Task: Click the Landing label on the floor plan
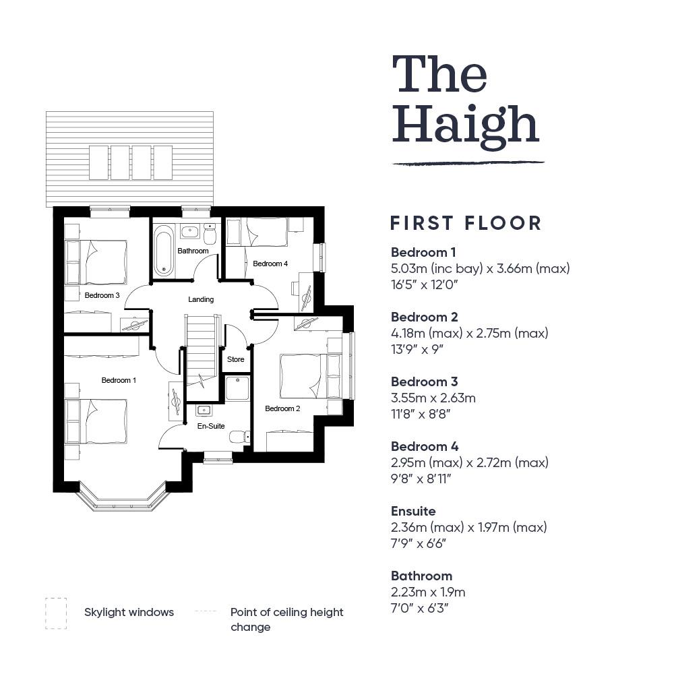(201, 299)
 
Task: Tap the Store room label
(235, 359)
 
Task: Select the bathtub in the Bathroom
(164, 251)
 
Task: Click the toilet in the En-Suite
(239, 437)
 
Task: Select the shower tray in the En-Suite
(237, 388)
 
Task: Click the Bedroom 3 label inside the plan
(102, 295)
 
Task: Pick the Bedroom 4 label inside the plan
(270, 264)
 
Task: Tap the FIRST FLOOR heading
(466, 223)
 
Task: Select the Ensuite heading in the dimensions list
(413, 511)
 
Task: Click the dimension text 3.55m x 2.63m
(433, 398)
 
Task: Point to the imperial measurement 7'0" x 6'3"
(419, 608)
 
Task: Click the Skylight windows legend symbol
(56, 613)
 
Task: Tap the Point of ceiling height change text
(286, 619)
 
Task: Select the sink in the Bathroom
(189, 232)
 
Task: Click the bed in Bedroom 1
(96, 421)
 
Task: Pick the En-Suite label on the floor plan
(211, 426)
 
